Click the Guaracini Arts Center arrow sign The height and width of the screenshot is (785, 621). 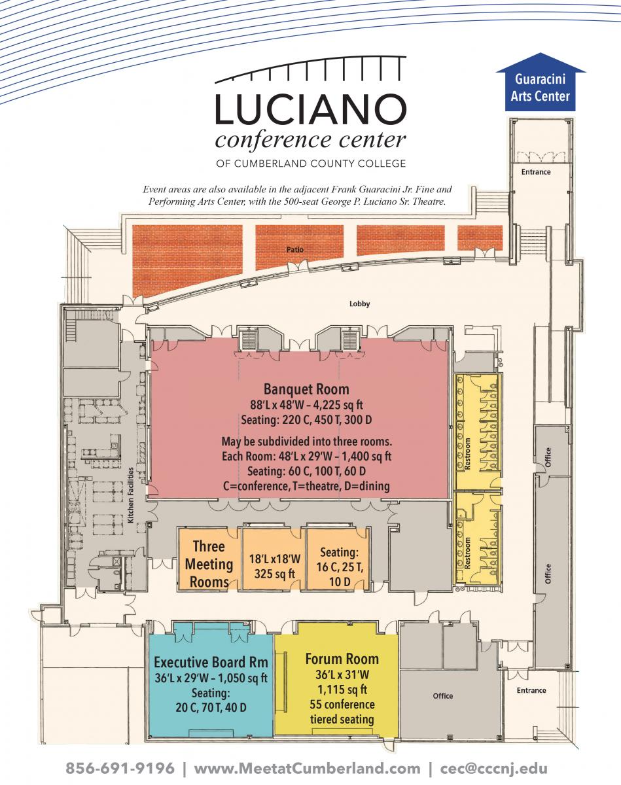(541, 82)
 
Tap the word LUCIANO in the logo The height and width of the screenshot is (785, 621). (310, 109)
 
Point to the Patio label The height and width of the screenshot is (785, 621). (295, 249)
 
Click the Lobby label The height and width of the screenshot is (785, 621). (359, 304)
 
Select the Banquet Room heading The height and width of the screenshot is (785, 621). (306, 389)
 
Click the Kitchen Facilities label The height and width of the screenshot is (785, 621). (130, 495)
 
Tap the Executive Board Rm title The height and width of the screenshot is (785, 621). (211, 662)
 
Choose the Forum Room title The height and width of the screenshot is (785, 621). (342, 659)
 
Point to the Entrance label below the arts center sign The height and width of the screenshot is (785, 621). (536, 172)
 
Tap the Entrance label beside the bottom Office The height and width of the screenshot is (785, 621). (531, 690)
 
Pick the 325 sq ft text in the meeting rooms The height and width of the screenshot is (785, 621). (274, 574)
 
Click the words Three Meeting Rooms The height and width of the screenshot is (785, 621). (209, 564)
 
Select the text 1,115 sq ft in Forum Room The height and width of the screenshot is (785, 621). (342, 689)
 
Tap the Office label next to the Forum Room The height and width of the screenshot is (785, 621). (442, 696)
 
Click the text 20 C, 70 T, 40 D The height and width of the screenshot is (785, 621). (211, 708)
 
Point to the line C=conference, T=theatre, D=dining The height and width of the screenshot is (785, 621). (306, 486)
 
